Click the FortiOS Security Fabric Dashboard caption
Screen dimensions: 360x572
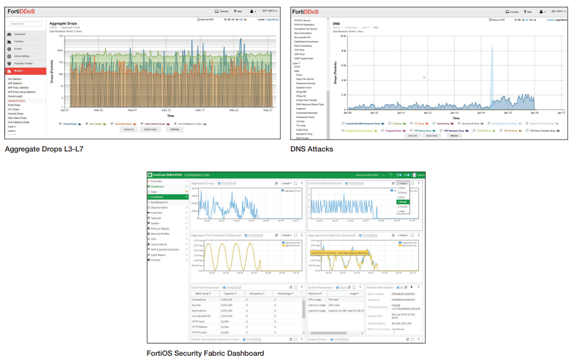tap(205, 353)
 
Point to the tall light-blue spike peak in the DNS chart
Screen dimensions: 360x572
tap(492, 48)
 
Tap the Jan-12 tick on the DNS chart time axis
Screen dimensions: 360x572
tap(428, 113)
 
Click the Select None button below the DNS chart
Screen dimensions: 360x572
tap(431, 135)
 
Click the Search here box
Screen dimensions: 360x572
tap(26, 24)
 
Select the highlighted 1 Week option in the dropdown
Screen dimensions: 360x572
tap(402, 202)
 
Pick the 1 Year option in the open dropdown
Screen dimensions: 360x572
tap(402, 211)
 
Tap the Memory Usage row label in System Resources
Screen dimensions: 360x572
tap(317, 305)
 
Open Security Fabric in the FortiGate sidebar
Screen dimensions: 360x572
tap(159, 207)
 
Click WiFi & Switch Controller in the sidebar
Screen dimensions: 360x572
tap(165, 250)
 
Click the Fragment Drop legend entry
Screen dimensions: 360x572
tap(393, 131)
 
